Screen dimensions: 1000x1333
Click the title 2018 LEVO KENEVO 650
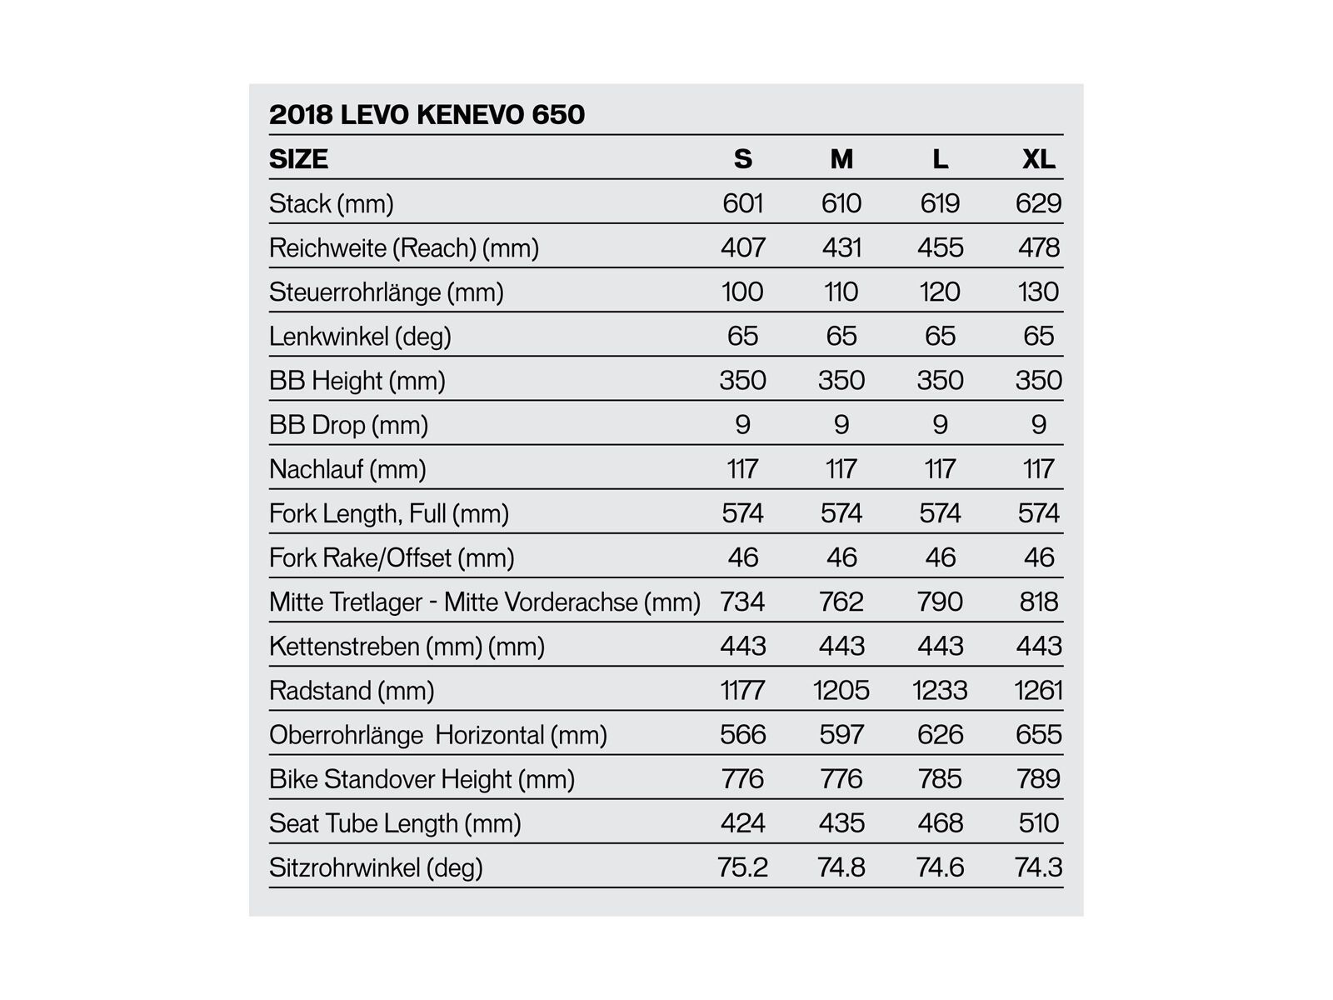click(x=427, y=114)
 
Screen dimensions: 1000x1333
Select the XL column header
click(x=1038, y=158)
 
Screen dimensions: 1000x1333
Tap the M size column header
click(x=841, y=158)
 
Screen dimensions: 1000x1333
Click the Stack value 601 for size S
click(x=742, y=203)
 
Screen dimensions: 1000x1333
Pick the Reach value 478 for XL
click(x=1038, y=247)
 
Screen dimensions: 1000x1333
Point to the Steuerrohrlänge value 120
click(x=940, y=292)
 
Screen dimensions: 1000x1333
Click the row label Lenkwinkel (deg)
click(x=360, y=337)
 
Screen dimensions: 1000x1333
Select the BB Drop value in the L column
click(x=940, y=425)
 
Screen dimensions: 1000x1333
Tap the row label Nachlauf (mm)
click(x=347, y=469)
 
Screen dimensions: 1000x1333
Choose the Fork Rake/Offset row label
click(x=392, y=557)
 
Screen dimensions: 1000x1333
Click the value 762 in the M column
click(x=841, y=602)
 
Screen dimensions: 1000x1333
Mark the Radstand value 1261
click(x=1038, y=690)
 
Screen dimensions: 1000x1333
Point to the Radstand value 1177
click(x=742, y=690)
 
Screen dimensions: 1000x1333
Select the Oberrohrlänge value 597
click(x=841, y=734)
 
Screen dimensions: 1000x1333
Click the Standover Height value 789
click(x=1038, y=779)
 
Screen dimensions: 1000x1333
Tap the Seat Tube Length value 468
click(x=940, y=823)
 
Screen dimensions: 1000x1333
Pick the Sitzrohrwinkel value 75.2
click(x=742, y=867)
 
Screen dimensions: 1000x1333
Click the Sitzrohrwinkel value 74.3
click(x=1038, y=867)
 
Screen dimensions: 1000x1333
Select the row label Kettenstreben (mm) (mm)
click(x=407, y=646)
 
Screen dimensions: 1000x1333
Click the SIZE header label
click(x=298, y=158)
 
